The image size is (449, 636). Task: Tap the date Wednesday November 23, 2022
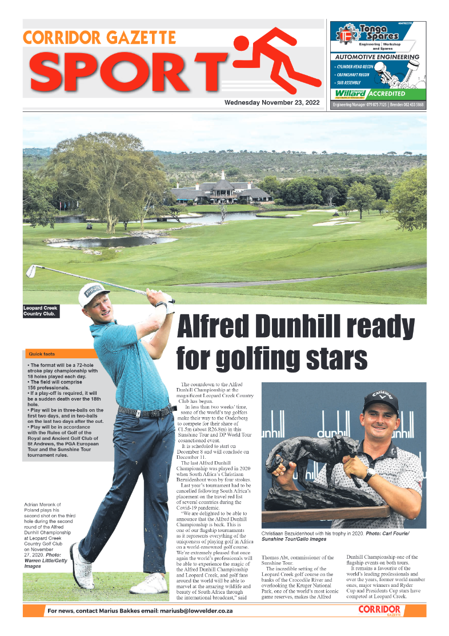click(x=272, y=103)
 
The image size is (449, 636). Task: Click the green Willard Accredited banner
click(x=378, y=93)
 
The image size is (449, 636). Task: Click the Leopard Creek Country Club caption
click(x=41, y=311)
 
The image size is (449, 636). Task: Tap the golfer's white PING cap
click(x=93, y=293)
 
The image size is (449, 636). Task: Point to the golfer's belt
click(x=146, y=412)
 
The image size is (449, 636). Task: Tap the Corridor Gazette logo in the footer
click(x=379, y=610)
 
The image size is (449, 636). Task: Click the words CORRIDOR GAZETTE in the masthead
click(x=99, y=38)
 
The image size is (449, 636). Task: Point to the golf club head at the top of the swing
click(x=31, y=270)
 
